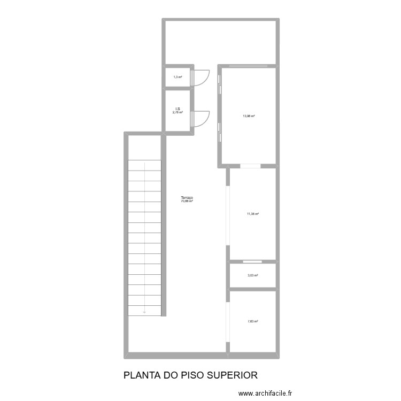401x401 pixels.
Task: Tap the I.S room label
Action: (x=178, y=109)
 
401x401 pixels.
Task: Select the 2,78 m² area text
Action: (x=178, y=113)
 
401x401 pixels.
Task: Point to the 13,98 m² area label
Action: (x=249, y=116)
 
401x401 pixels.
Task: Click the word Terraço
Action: (x=187, y=198)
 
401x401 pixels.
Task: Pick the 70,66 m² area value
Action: (x=187, y=202)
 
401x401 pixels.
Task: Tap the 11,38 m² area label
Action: (x=253, y=214)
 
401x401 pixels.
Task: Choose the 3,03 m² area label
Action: (x=252, y=276)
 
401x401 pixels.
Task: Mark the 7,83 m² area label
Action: (x=252, y=322)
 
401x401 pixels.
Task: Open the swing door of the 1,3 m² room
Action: (x=200, y=78)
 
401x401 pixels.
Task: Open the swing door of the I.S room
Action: (x=200, y=118)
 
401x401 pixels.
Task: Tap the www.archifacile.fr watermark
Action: (x=266, y=394)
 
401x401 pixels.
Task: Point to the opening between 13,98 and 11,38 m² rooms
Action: (x=250, y=166)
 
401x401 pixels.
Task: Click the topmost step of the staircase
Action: (x=144, y=165)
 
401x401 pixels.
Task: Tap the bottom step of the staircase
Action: (x=144, y=311)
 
